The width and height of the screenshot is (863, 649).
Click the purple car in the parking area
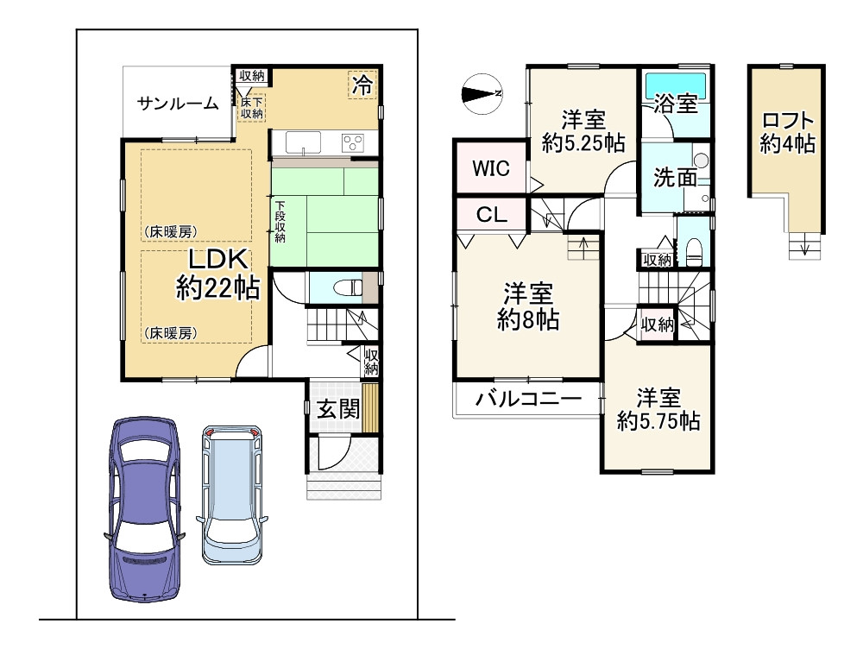point(144,509)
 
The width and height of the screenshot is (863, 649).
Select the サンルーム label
point(178,104)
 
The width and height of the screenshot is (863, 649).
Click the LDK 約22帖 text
point(217,274)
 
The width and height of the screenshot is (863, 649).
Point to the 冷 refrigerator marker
point(363,85)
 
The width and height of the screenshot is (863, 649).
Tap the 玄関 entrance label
point(337,410)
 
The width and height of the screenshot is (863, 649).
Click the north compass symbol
point(482,91)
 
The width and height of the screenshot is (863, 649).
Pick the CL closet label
point(491,216)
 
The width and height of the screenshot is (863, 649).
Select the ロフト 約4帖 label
point(787,133)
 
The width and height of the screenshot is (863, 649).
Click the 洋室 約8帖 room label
point(528,307)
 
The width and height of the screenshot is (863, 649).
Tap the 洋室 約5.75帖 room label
point(658,410)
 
